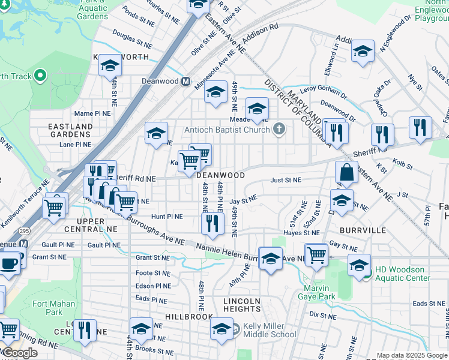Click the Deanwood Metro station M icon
click(186, 81)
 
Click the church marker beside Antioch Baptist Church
click(279, 128)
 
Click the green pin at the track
click(40, 76)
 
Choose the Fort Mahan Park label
click(54, 308)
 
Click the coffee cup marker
click(8, 264)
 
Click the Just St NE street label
click(286, 179)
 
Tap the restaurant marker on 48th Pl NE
click(212, 224)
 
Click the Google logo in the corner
click(20, 353)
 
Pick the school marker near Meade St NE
click(257, 109)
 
